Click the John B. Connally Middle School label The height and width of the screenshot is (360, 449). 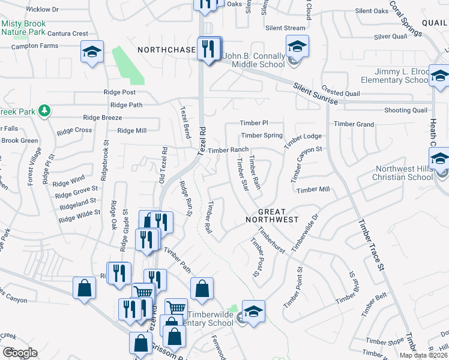[x=254, y=61]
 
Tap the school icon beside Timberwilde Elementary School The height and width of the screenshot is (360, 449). [x=253, y=312]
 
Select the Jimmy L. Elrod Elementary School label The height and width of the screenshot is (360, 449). [x=394, y=76]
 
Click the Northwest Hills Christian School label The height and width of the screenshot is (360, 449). [x=403, y=173]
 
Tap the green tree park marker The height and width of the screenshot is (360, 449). [x=44, y=110]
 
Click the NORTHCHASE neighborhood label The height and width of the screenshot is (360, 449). [x=166, y=50]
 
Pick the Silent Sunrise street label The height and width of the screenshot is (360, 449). [x=316, y=95]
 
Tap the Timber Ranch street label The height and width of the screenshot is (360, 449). [x=228, y=150]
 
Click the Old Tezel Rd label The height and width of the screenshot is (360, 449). [x=163, y=164]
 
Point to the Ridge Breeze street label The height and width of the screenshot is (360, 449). [x=103, y=118]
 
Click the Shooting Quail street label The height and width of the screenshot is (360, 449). [x=406, y=110]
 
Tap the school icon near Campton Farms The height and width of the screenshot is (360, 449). [x=92, y=52]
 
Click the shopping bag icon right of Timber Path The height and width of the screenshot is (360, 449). [x=202, y=289]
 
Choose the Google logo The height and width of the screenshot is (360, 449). [x=20, y=353]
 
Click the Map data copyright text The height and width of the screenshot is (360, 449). [x=424, y=356]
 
